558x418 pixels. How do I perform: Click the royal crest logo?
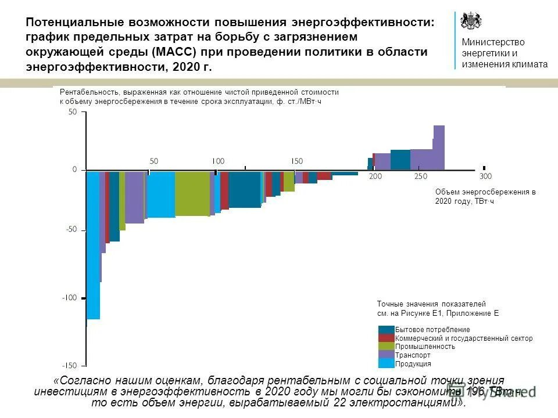click(471, 21)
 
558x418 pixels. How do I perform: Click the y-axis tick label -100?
click(70, 298)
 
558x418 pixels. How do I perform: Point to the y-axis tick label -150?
click(70, 365)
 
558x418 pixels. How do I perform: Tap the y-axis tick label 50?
click(73, 113)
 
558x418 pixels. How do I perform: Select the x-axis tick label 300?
click(485, 176)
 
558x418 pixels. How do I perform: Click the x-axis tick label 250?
click(420, 176)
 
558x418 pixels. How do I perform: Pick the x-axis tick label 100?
click(218, 161)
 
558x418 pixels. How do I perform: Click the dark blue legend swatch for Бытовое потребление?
click(386, 330)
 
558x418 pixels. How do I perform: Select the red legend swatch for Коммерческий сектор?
click(386, 338)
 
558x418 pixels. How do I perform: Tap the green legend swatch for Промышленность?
click(386, 347)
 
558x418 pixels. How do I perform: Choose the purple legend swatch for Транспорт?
click(386, 355)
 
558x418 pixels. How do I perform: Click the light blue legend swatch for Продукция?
click(386, 363)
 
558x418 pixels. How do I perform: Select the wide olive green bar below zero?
click(192, 193)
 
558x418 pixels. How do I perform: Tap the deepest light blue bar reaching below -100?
click(93, 244)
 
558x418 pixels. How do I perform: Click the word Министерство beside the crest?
click(493, 42)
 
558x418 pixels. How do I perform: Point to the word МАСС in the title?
click(171, 52)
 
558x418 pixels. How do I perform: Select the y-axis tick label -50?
click(71, 230)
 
